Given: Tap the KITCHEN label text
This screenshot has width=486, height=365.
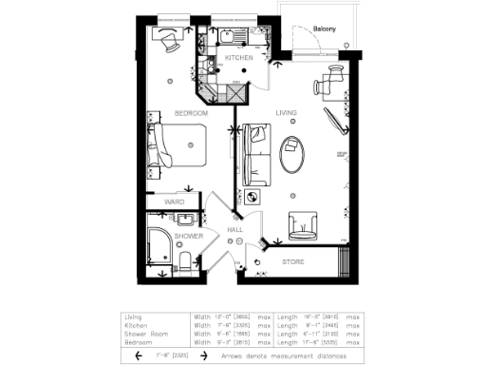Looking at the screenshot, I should point(238,59).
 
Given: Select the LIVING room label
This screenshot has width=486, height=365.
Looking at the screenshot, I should point(287,113).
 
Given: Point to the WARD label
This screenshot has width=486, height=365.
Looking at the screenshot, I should point(175,202).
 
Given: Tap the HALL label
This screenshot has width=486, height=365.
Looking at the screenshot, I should point(235,230).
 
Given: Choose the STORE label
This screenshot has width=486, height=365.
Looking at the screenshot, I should point(292,260).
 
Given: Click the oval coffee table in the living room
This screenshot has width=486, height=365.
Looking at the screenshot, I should point(292,153).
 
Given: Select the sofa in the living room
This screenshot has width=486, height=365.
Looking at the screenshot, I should point(254,154).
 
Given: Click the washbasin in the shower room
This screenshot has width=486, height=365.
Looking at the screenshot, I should point(184,219).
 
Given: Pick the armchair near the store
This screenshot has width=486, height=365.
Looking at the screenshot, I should point(304,224).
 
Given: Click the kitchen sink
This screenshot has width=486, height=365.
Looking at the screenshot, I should point(228,39).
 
